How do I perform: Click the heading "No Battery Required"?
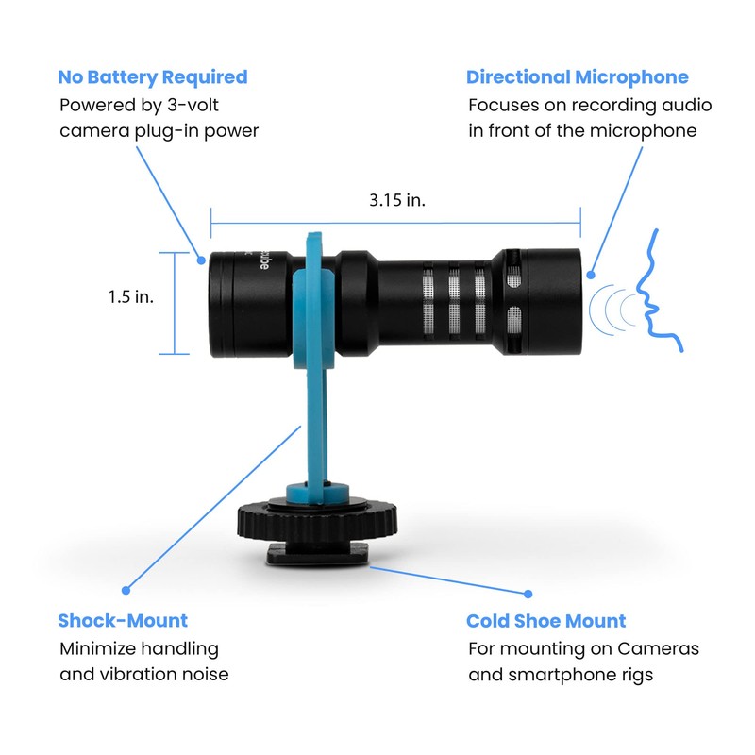153,77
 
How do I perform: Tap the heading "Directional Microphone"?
578,77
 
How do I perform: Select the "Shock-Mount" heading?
123,621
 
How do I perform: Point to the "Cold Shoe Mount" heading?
546,621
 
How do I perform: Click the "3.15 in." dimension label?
395,201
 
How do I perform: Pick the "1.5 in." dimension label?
130,296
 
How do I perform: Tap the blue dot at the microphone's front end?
591,276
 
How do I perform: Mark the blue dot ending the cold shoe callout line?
528,595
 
